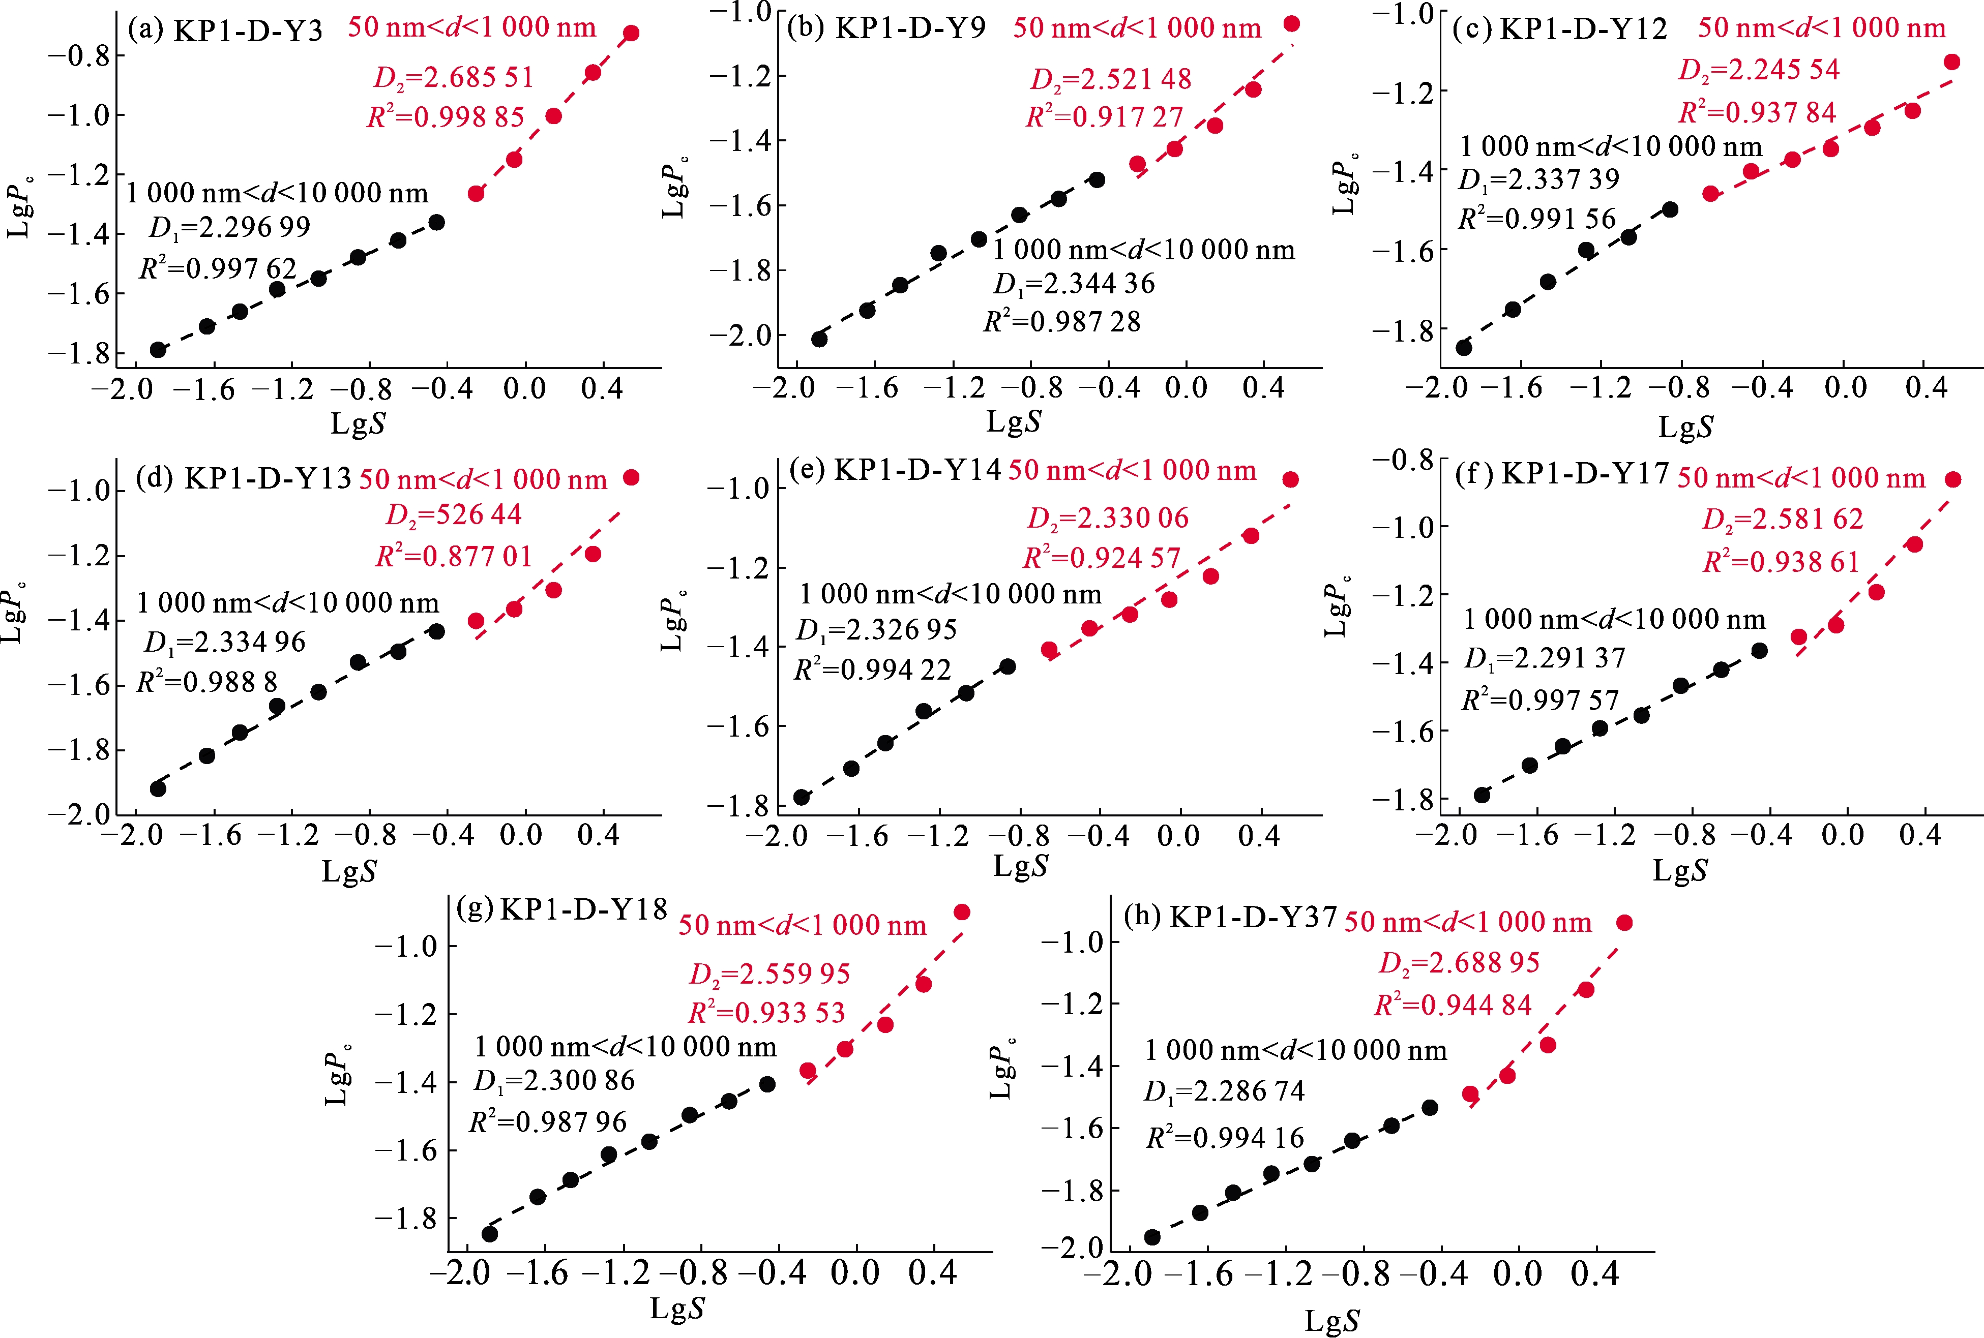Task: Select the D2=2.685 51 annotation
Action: pos(453,78)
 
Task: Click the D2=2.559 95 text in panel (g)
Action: pos(769,974)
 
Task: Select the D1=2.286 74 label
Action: pos(1224,1091)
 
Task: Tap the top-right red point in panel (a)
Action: pos(631,33)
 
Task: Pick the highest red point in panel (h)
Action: pos(1624,923)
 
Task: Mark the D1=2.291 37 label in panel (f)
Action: pos(1545,659)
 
